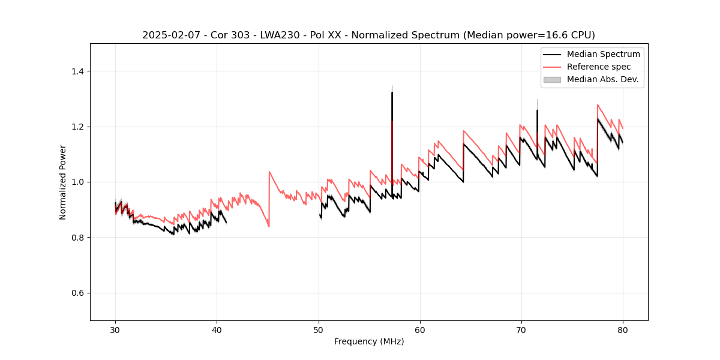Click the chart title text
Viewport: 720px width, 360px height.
click(368, 35)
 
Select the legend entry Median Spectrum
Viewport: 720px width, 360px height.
click(603, 54)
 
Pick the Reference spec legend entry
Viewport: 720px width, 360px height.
click(599, 67)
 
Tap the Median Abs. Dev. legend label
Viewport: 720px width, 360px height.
click(602, 79)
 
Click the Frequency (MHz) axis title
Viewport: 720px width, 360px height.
click(369, 341)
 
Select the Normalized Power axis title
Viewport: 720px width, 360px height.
click(62, 182)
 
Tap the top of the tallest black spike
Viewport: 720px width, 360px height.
click(392, 92)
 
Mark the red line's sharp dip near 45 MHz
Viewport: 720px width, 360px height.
click(269, 226)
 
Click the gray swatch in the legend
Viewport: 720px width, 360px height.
click(552, 79)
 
